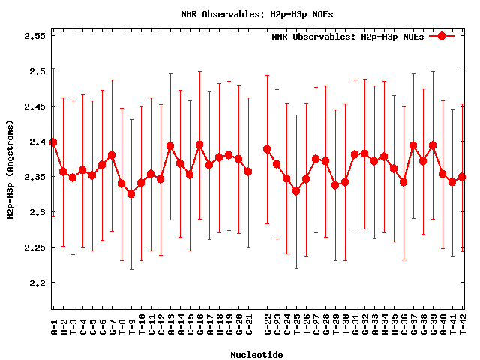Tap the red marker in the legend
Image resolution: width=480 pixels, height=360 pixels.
point(442,36)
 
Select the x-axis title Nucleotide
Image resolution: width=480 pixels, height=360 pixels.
point(256,355)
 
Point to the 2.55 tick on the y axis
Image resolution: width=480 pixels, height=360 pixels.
point(34,36)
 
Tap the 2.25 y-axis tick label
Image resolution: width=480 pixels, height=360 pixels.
point(34,247)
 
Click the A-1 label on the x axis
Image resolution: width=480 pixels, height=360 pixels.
point(54,326)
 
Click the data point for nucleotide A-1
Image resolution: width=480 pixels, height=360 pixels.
point(53,142)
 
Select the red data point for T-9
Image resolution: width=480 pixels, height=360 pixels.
point(131,194)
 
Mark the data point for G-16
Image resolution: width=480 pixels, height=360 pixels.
point(199,145)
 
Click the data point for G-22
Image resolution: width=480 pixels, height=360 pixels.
point(267,149)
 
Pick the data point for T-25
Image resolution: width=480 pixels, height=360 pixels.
point(296,191)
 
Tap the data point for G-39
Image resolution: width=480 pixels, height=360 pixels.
point(433,145)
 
